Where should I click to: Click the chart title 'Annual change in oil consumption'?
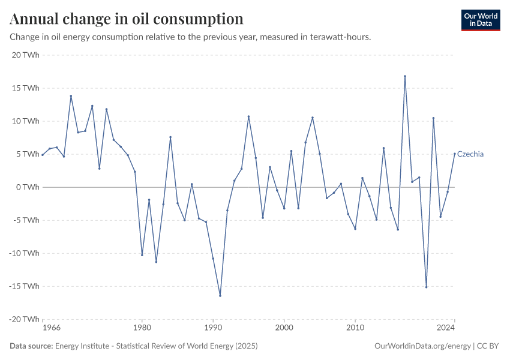[x=127, y=19]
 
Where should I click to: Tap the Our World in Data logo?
[x=481, y=20]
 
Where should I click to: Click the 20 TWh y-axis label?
[x=25, y=55]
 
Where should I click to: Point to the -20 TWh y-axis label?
[x=24, y=319]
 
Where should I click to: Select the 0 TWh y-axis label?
[x=28, y=187]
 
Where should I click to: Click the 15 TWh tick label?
[x=25, y=88]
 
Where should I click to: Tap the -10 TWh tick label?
[x=24, y=253]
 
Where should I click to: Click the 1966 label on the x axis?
[x=51, y=328]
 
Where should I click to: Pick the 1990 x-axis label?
[x=213, y=328]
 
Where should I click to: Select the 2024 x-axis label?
[x=446, y=328]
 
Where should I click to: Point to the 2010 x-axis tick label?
[x=355, y=328]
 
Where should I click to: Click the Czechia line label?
[x=470, y=154]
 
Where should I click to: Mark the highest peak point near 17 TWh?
[x=405, y=76]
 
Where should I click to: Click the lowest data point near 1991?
[x=220, y=296]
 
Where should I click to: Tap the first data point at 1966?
[x=43, y=155]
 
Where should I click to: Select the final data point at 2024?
[x=455, y=154]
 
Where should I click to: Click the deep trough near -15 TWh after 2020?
[x=426, y=287]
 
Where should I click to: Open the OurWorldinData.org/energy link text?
[x=422, y=346]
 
